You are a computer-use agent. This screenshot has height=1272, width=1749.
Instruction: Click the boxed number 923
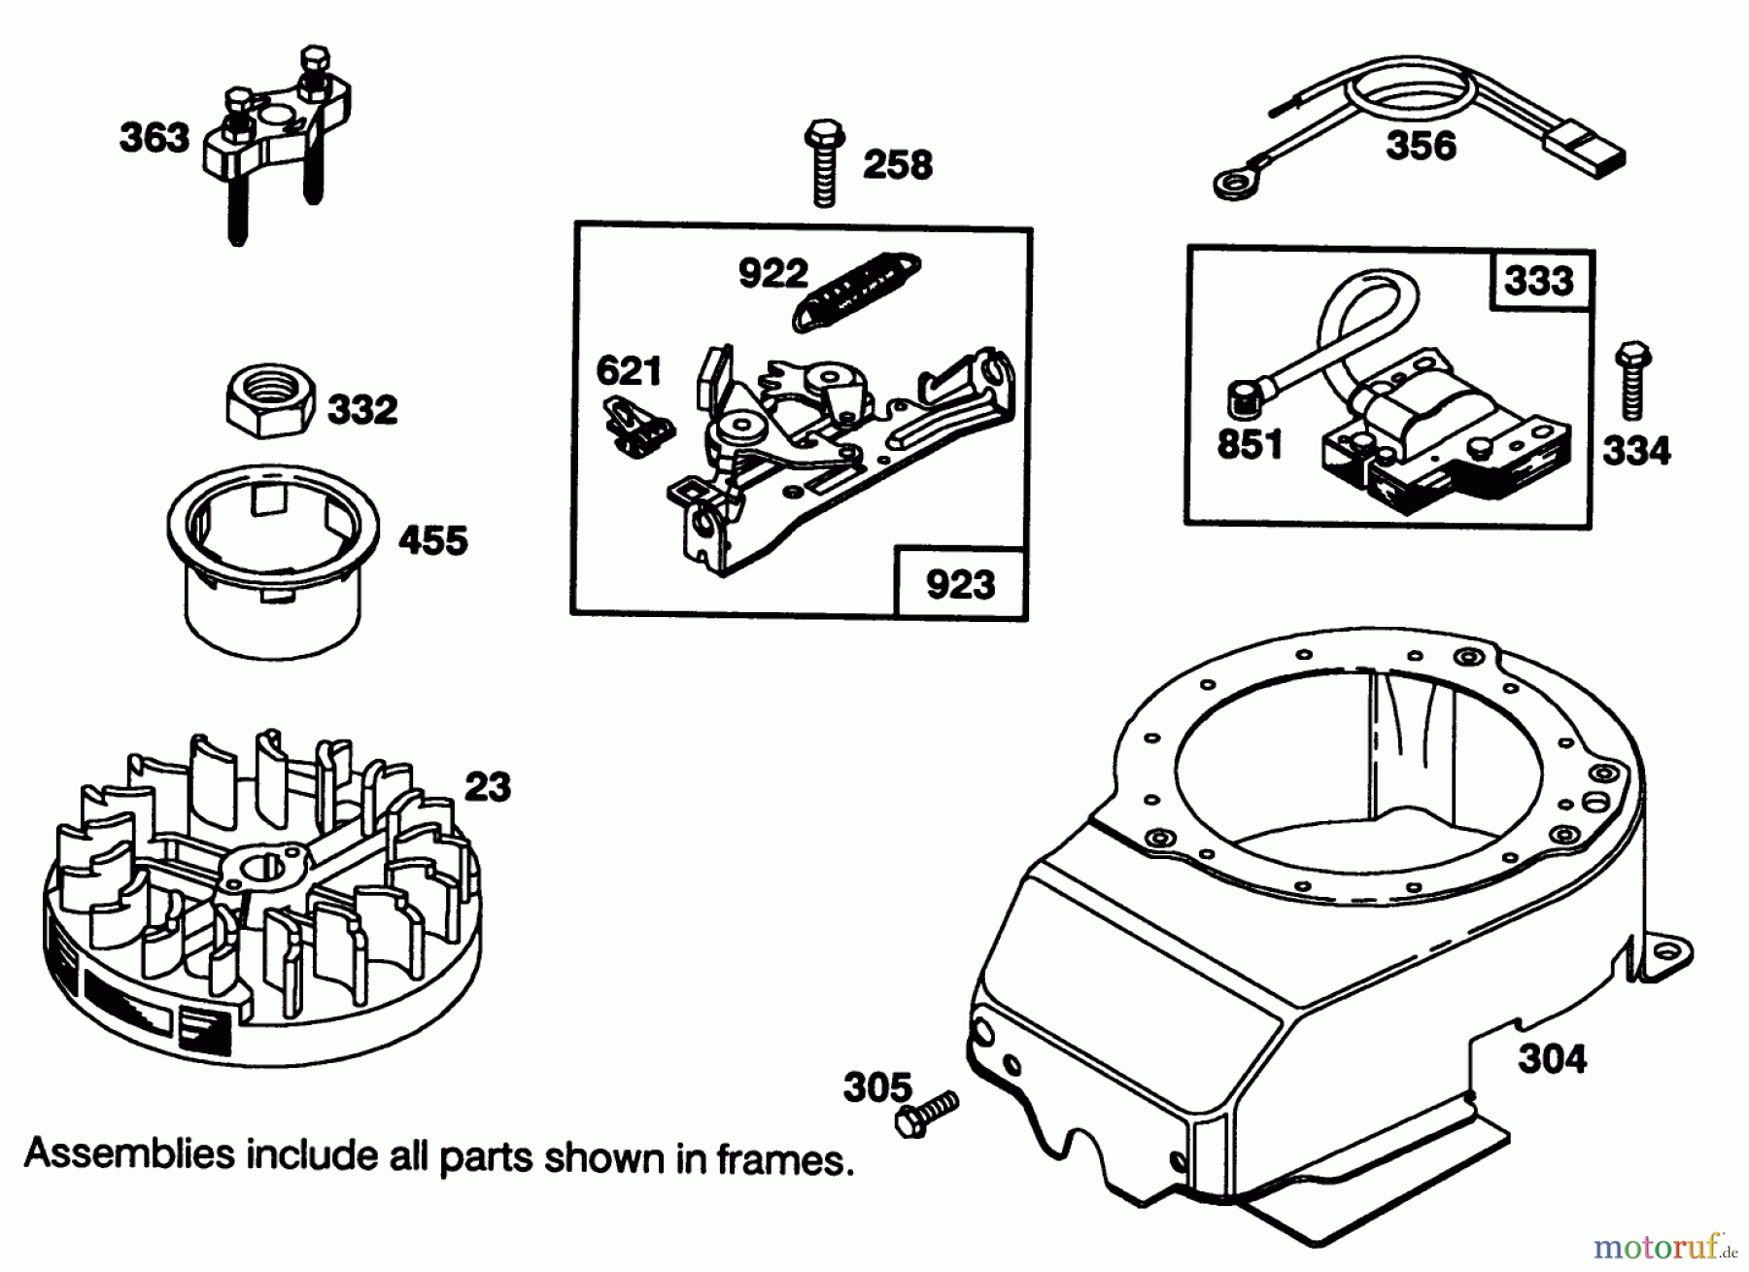tap(960, 585)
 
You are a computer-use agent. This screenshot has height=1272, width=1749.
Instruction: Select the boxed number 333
tap(1540, 281)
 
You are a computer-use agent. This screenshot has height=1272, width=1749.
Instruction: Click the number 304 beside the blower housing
tap(1552, 1058)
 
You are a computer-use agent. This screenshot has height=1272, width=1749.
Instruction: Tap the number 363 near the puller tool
tap(154, 137)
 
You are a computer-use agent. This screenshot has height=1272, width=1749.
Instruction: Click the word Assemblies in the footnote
tap(129, 1155)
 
